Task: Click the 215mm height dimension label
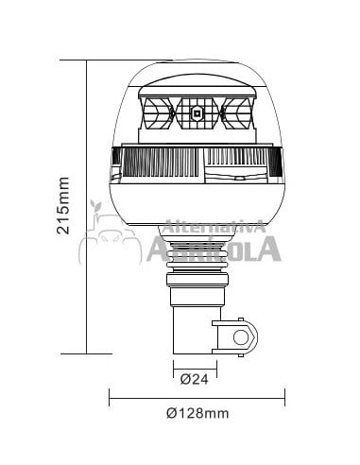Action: click(64, 206)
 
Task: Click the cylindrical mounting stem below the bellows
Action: click(193, 326)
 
